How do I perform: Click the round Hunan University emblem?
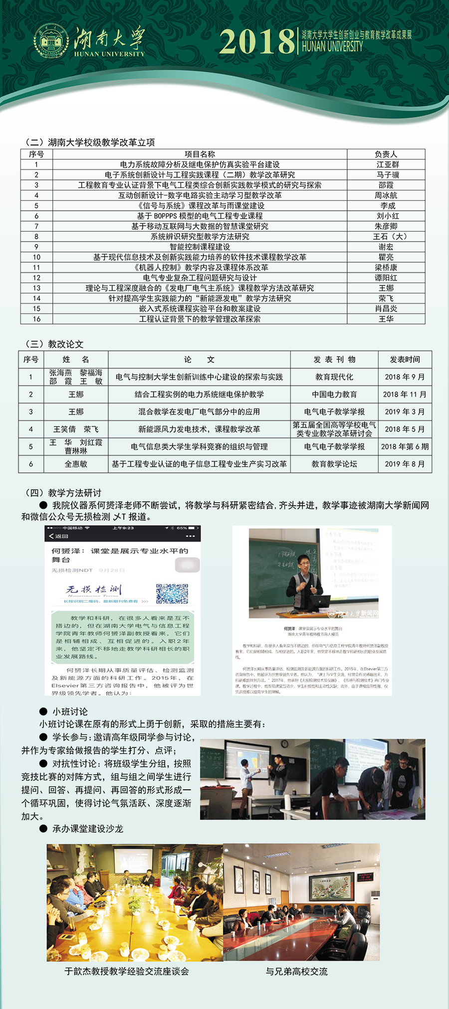pyautogui.click(x=51, y=41)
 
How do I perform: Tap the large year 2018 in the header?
pyautogui.click(x=257, y=42)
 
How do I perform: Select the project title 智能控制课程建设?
pyautogui.click(x=200, y=247)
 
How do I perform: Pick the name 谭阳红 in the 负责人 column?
pyautogui.click(x=386, y=278)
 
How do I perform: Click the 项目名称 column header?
pyautogui.click(x=200, y=154)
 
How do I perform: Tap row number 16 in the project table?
pyautogui.click(x=36, y=319)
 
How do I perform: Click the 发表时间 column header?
pyautogui.click(x=405, y=359)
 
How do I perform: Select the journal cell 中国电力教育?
pyautogui.click(x=334, y=394)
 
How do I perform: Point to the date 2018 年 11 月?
pyautogui.click(x=405, y=394)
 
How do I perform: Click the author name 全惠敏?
pyautogui.click(x=76, y=464)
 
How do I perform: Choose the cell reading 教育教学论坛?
pyautogui.click(x=334, y=464)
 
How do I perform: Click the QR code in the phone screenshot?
pyautogui.click(x=172, y=593)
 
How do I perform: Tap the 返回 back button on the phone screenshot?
pyautogui.click(x=59, y=536)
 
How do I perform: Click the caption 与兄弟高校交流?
pyautogui.click(x=296, y=971)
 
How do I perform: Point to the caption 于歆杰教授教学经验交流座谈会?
pyautogui.click(x=127, y=971)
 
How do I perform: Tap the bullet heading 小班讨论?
pyautogui.click(x=70, y=712)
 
